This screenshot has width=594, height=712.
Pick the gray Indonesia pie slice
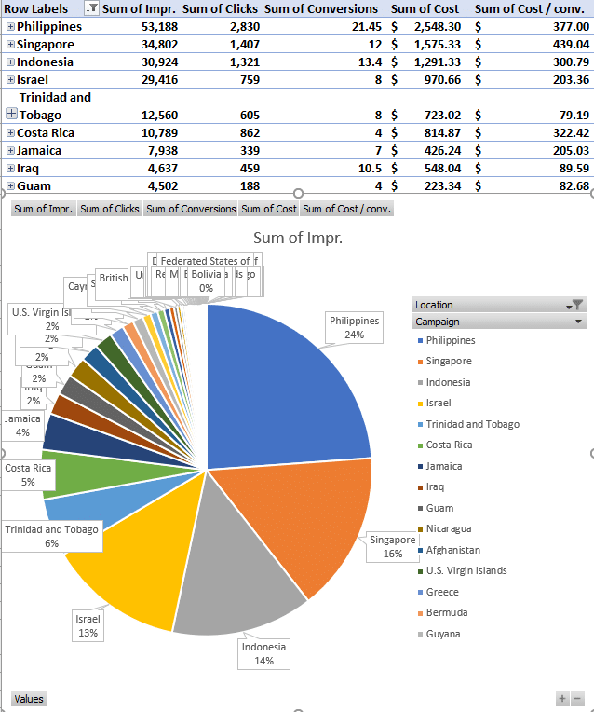tap(233, 578)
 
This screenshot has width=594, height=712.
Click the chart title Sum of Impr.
tap(298, 238)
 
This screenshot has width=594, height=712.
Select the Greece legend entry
tap(442, 592)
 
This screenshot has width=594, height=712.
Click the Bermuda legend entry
tap(447, 612)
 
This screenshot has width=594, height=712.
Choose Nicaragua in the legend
tap(449, 528)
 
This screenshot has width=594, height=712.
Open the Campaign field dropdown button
tap(580, 322)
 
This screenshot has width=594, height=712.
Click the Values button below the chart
tap(29, 699)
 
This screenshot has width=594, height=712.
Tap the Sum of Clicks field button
tap(110, 209)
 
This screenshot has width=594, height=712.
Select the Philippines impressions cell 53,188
tap(159, 26)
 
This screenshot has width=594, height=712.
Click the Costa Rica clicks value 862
tap(247, 132)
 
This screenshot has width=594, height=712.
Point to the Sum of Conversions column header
tap(321, 8)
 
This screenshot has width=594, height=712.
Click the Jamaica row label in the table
tap(39, 150)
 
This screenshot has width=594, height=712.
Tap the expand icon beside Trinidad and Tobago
tap(11, 114)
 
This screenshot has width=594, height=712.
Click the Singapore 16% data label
tap(392, 546)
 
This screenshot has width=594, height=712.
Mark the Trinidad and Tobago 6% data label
tap(51, 536)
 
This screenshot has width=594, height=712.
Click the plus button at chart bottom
tap(562, 698)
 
